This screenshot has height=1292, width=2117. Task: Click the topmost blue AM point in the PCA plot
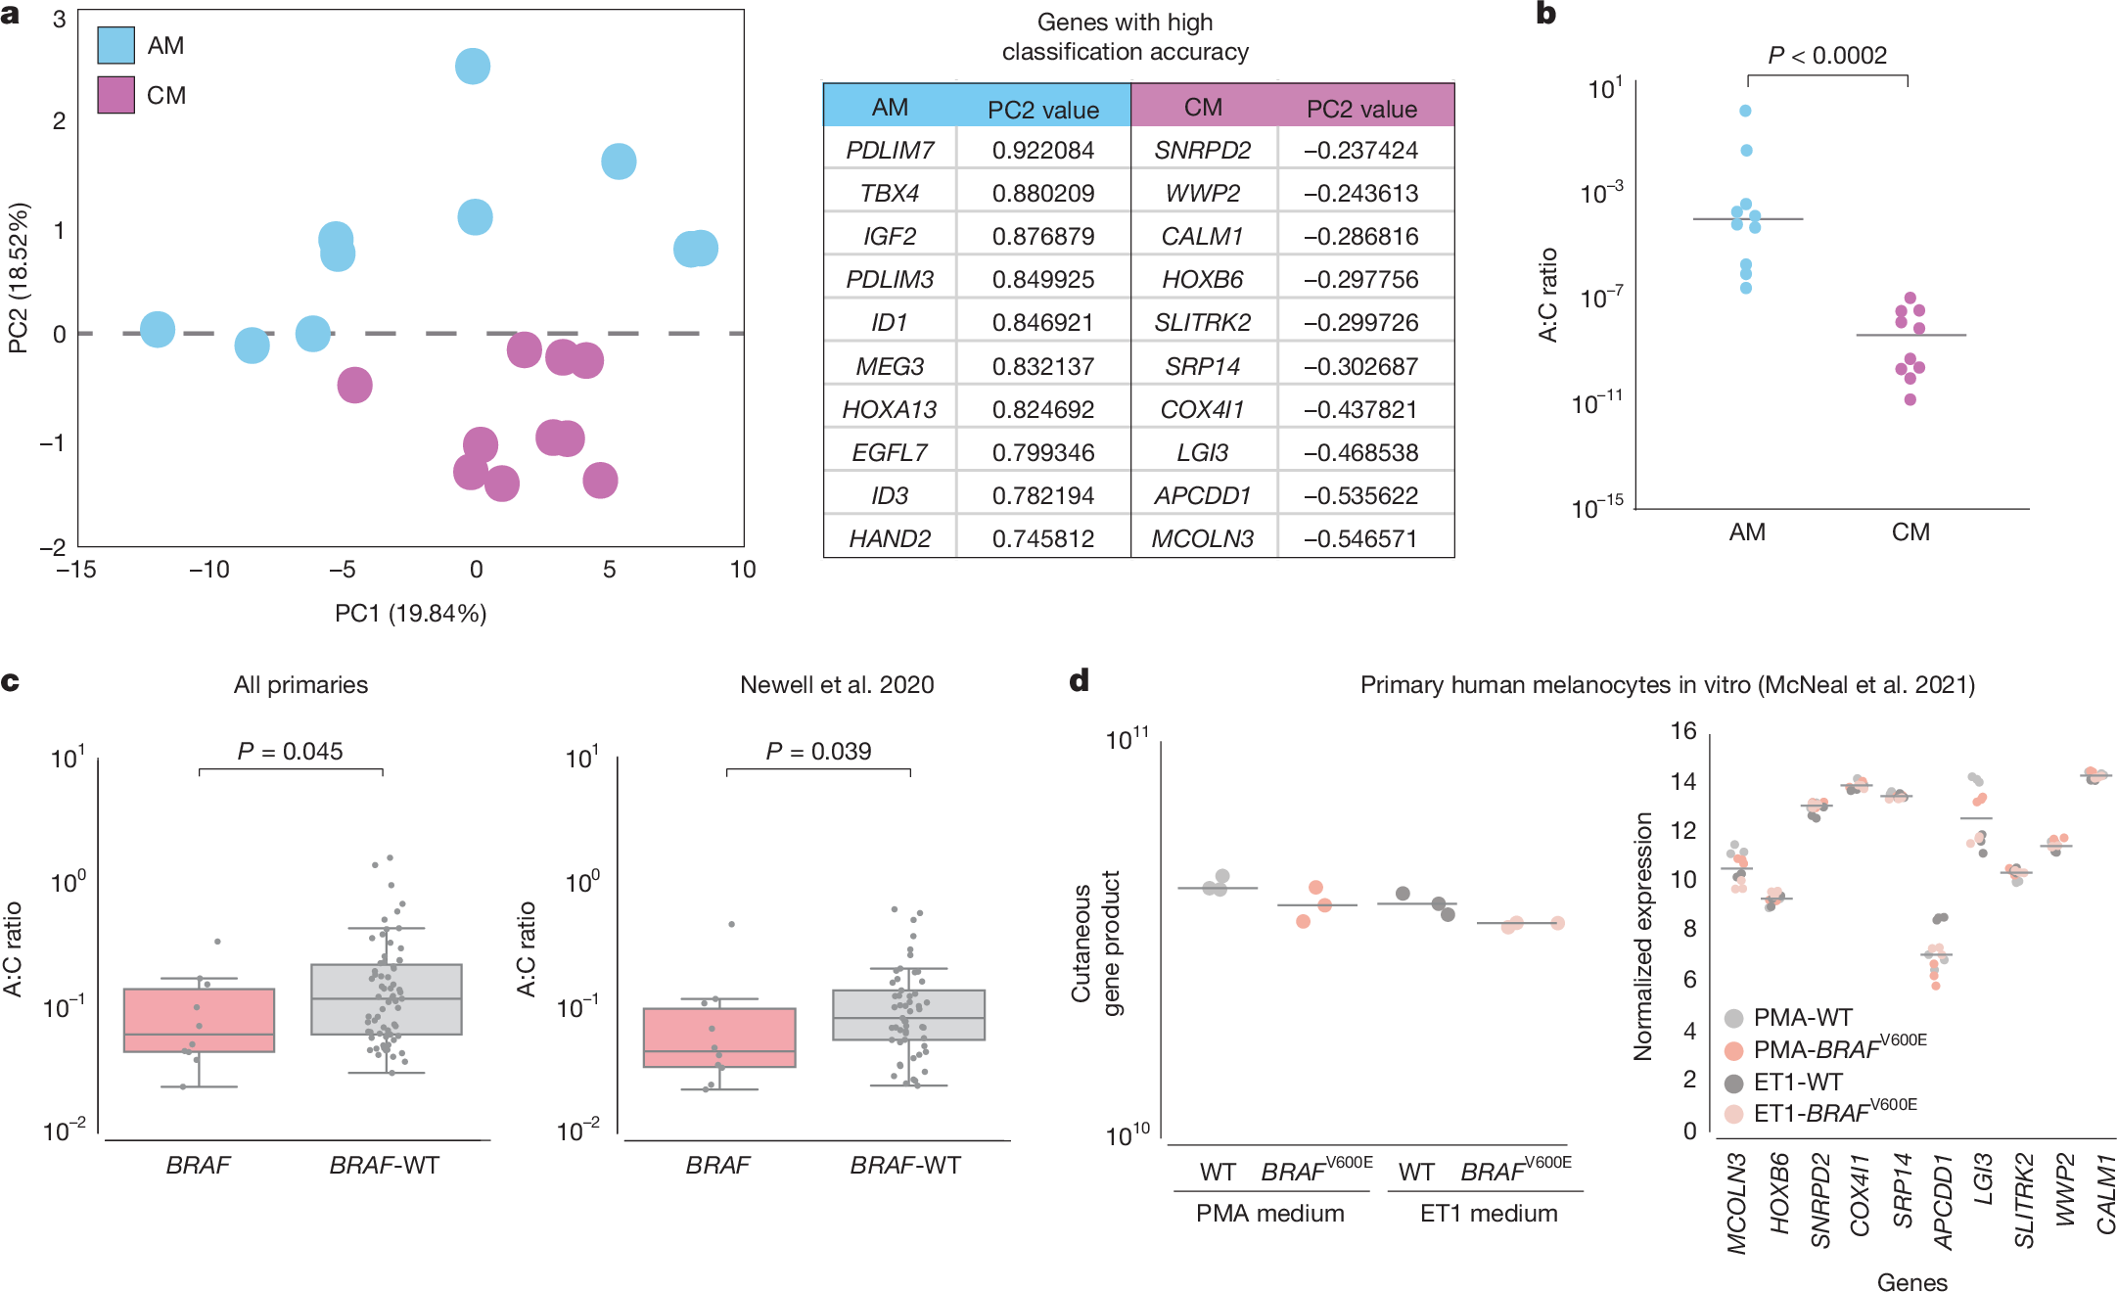pyautogui.click(x=473, y=67)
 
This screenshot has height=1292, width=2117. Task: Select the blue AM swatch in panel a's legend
pyautogui.click(x=115, y=46)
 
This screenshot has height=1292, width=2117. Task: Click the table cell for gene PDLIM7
pyautogui.click(x=890, y=150)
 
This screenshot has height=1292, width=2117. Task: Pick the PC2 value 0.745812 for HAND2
pyautogui.click(x=1042, y=538)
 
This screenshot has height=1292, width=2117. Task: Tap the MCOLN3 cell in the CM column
pyautogui.click(x=1202, y=538)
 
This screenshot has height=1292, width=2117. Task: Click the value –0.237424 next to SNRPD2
pyautogui.click(x=1360, y=150)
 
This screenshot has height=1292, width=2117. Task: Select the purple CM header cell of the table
pyautogui.click(x=1203, y=107)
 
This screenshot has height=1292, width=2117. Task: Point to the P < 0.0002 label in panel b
pyautogui.click(x=1826, y=56)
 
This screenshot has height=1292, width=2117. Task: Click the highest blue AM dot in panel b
pyautogui.click(x=1745, y=111)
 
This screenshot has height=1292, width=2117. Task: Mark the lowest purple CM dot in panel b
pyautogui.click(x=1910, y=399)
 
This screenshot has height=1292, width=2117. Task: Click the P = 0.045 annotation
pyautogui.click(x=290, y=751)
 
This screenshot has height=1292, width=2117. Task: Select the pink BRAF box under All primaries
pyautogui.click(x=199, y=1020)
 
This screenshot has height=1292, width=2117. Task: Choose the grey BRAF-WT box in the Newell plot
pyautogui.click(x=908, y=1014)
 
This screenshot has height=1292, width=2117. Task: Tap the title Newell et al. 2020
pyautogui.click(x=837, y=684)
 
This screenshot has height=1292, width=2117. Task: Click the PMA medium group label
pyautogui.click(x=1269, y=1213)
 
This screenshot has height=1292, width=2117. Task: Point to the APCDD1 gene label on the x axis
pyautogui.click(x=1943, y=1202)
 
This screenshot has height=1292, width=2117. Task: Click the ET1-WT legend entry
pyautogui.click(x=1797, y=1082)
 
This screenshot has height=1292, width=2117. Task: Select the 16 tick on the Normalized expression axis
pyautogui.click(x=1682, y=731)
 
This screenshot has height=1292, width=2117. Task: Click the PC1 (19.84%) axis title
pyautogui.click(x=410, y=614)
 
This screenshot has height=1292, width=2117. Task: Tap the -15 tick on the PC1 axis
pyautogui.click(x=76, y=570)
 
